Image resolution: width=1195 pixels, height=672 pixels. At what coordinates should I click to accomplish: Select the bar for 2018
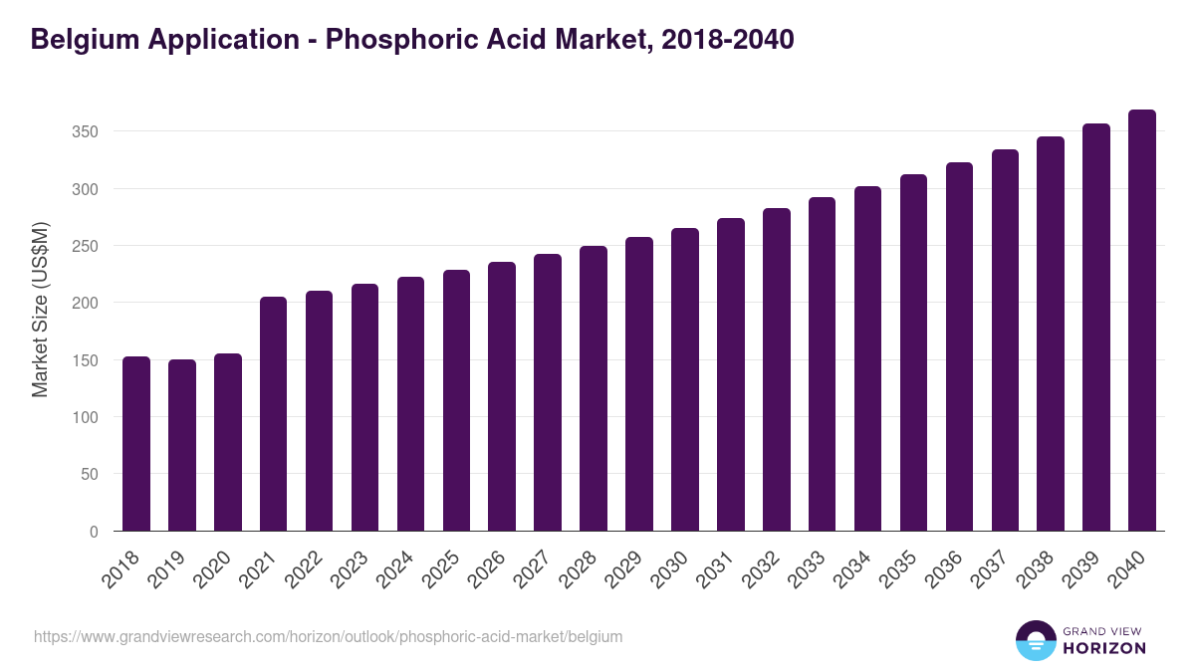(136, 444)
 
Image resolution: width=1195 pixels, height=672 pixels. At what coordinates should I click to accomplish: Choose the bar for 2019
(182, 445)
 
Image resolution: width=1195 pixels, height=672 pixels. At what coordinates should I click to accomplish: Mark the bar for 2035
(913, 352)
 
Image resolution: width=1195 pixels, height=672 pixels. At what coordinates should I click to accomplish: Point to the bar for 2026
(502, 396)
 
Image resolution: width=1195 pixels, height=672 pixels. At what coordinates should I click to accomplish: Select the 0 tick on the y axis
(94, 532)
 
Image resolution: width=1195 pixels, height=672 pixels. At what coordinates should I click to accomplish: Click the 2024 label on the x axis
(403, 570)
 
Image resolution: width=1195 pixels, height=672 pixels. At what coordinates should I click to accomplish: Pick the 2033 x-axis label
(815, 570)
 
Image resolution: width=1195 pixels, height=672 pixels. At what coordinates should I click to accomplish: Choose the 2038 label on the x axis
(1044, 570)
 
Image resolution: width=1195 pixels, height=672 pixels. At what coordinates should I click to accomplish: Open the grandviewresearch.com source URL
(328, 636)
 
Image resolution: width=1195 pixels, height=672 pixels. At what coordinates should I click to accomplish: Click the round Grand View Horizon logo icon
(1036, 640)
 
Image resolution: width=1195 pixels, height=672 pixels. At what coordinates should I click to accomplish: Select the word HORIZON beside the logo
(1105, 648)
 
